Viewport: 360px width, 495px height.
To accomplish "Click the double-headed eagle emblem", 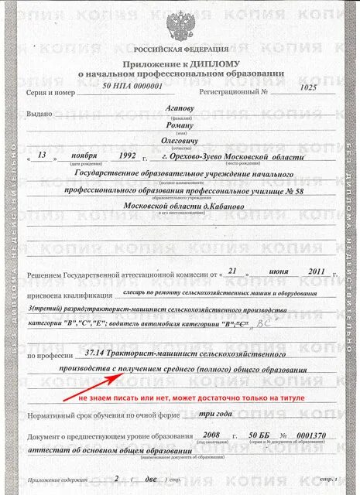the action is point(180,20).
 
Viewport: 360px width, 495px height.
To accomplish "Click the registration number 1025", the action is point(308,87).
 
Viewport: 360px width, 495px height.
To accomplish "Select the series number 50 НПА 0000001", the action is point(132,87).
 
